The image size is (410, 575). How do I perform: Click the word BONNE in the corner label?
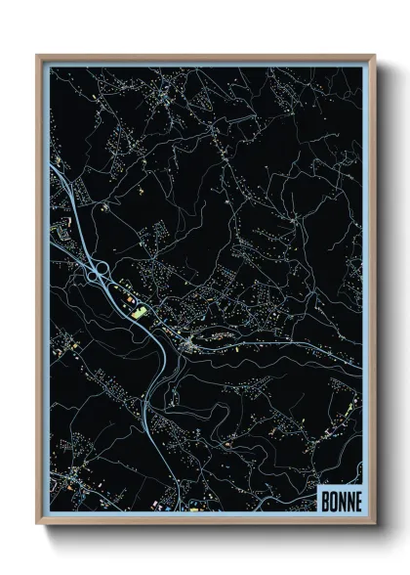[x=341, y=500]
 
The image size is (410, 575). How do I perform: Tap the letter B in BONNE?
[x=325, y=500]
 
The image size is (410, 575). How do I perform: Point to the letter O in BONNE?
[x=333, y=500]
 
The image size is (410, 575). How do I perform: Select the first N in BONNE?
[x=341, y=500]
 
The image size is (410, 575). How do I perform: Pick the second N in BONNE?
[x=348, y=500]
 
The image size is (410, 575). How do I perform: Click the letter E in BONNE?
[x=356, y=500]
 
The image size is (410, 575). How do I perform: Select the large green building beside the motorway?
[x=139, y=311]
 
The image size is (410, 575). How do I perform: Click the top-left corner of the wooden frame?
[x=38, y=56]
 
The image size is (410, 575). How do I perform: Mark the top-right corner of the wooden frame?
[x=374, y=56]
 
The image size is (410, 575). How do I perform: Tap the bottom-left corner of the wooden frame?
[x=38, y=523]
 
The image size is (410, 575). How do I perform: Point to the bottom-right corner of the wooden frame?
[x=374, y=523]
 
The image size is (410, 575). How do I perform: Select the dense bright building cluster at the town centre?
[x=190, y=344]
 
